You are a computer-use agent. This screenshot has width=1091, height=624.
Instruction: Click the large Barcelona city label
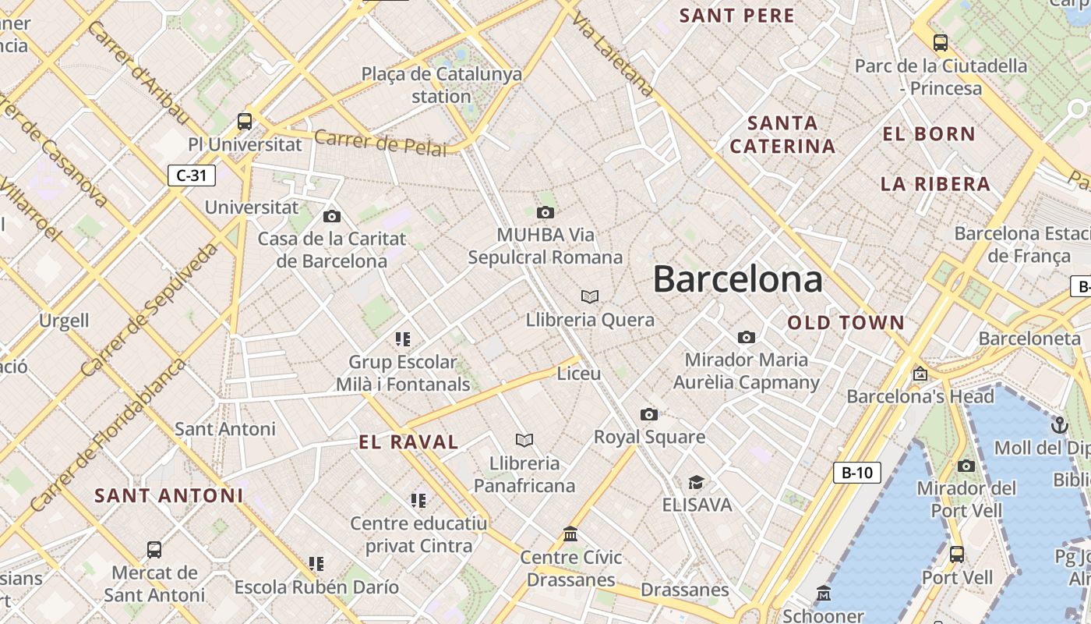click(737, 279)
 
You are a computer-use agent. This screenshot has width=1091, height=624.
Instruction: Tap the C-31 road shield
click(192, 175)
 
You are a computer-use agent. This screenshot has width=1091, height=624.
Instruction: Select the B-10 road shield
click(856, 473)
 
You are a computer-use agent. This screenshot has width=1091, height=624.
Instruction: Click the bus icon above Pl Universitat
click(245, 122)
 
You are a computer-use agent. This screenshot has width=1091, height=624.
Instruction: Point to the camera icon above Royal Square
click(648, 414)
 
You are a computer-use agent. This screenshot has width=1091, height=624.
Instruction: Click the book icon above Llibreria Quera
click(590, 296)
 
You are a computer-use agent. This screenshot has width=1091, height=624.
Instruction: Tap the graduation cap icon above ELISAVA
click(696, 483)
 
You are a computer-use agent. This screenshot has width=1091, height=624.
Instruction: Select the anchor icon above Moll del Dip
click(1059, 425)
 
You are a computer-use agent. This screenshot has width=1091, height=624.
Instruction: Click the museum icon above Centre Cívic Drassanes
click(570, 534)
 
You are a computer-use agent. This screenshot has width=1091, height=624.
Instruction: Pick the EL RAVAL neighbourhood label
click(408, 442)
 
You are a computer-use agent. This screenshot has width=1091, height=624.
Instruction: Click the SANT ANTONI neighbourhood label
click(169, 495)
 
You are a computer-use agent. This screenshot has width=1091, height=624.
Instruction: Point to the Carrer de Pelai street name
click(381, 143)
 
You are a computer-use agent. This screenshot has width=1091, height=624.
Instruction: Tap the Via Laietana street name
click(612, 52)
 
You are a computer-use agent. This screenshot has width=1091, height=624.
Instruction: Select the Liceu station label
click(579, 374)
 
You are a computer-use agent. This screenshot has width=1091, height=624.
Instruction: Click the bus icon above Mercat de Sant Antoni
click(154, 550)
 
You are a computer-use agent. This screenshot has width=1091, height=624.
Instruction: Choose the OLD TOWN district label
click(846, 323)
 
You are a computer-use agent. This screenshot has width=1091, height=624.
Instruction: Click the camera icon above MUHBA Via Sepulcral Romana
click(545, 212)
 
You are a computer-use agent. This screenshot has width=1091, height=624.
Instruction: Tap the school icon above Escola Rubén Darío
click(316, 563)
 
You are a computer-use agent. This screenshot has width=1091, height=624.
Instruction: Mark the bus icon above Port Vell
click(957, 555)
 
